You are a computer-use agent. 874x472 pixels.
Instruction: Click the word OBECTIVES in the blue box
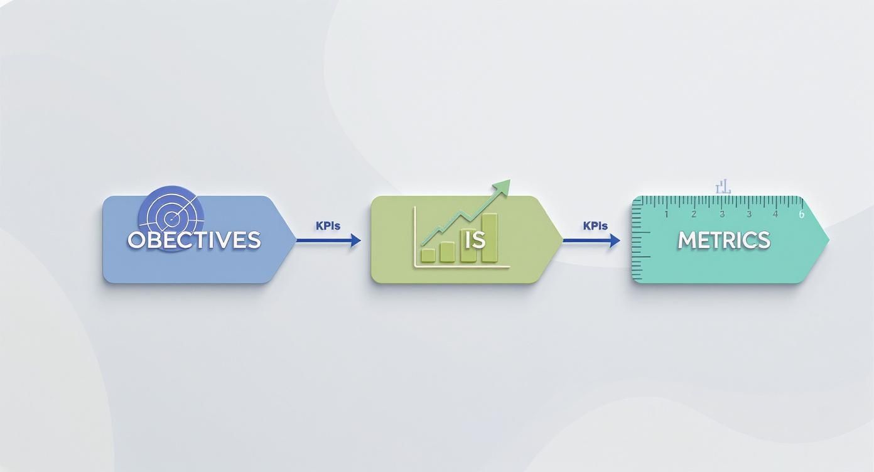pos(194,240)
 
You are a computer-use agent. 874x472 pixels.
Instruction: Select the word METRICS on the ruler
pos(723,240)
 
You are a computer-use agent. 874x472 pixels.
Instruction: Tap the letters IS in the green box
pos(475,240)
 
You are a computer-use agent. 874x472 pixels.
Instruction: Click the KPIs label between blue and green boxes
pos(328,226)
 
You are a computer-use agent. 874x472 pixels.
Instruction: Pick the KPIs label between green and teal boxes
pos(595,226)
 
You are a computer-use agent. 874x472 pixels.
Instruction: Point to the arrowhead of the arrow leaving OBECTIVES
pos(357,240)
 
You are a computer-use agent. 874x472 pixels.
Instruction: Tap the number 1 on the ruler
pos(666,215)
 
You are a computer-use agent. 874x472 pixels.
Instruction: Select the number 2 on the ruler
pos(694,215)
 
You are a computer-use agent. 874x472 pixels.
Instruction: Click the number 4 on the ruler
pos(775,215)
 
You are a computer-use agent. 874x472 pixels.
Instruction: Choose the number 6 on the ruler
pos(801,215)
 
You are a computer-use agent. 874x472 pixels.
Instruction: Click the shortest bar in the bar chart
pos(428,255)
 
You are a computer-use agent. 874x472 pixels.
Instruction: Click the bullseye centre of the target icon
pos(171,218)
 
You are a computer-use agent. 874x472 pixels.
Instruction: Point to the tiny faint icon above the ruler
pos(723,186)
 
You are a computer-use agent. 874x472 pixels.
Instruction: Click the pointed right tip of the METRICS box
pos(828,240)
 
